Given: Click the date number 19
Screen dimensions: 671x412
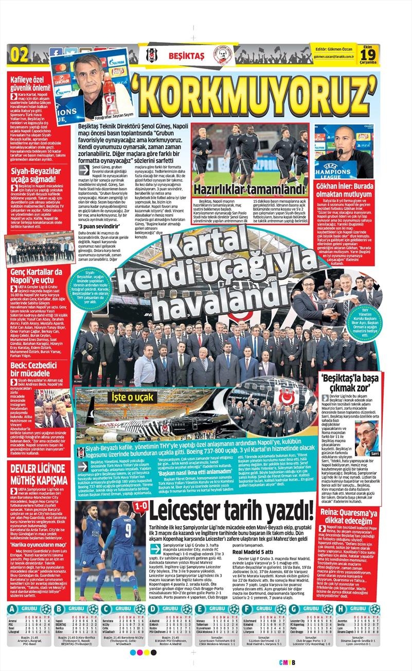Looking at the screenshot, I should coord(370,53).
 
